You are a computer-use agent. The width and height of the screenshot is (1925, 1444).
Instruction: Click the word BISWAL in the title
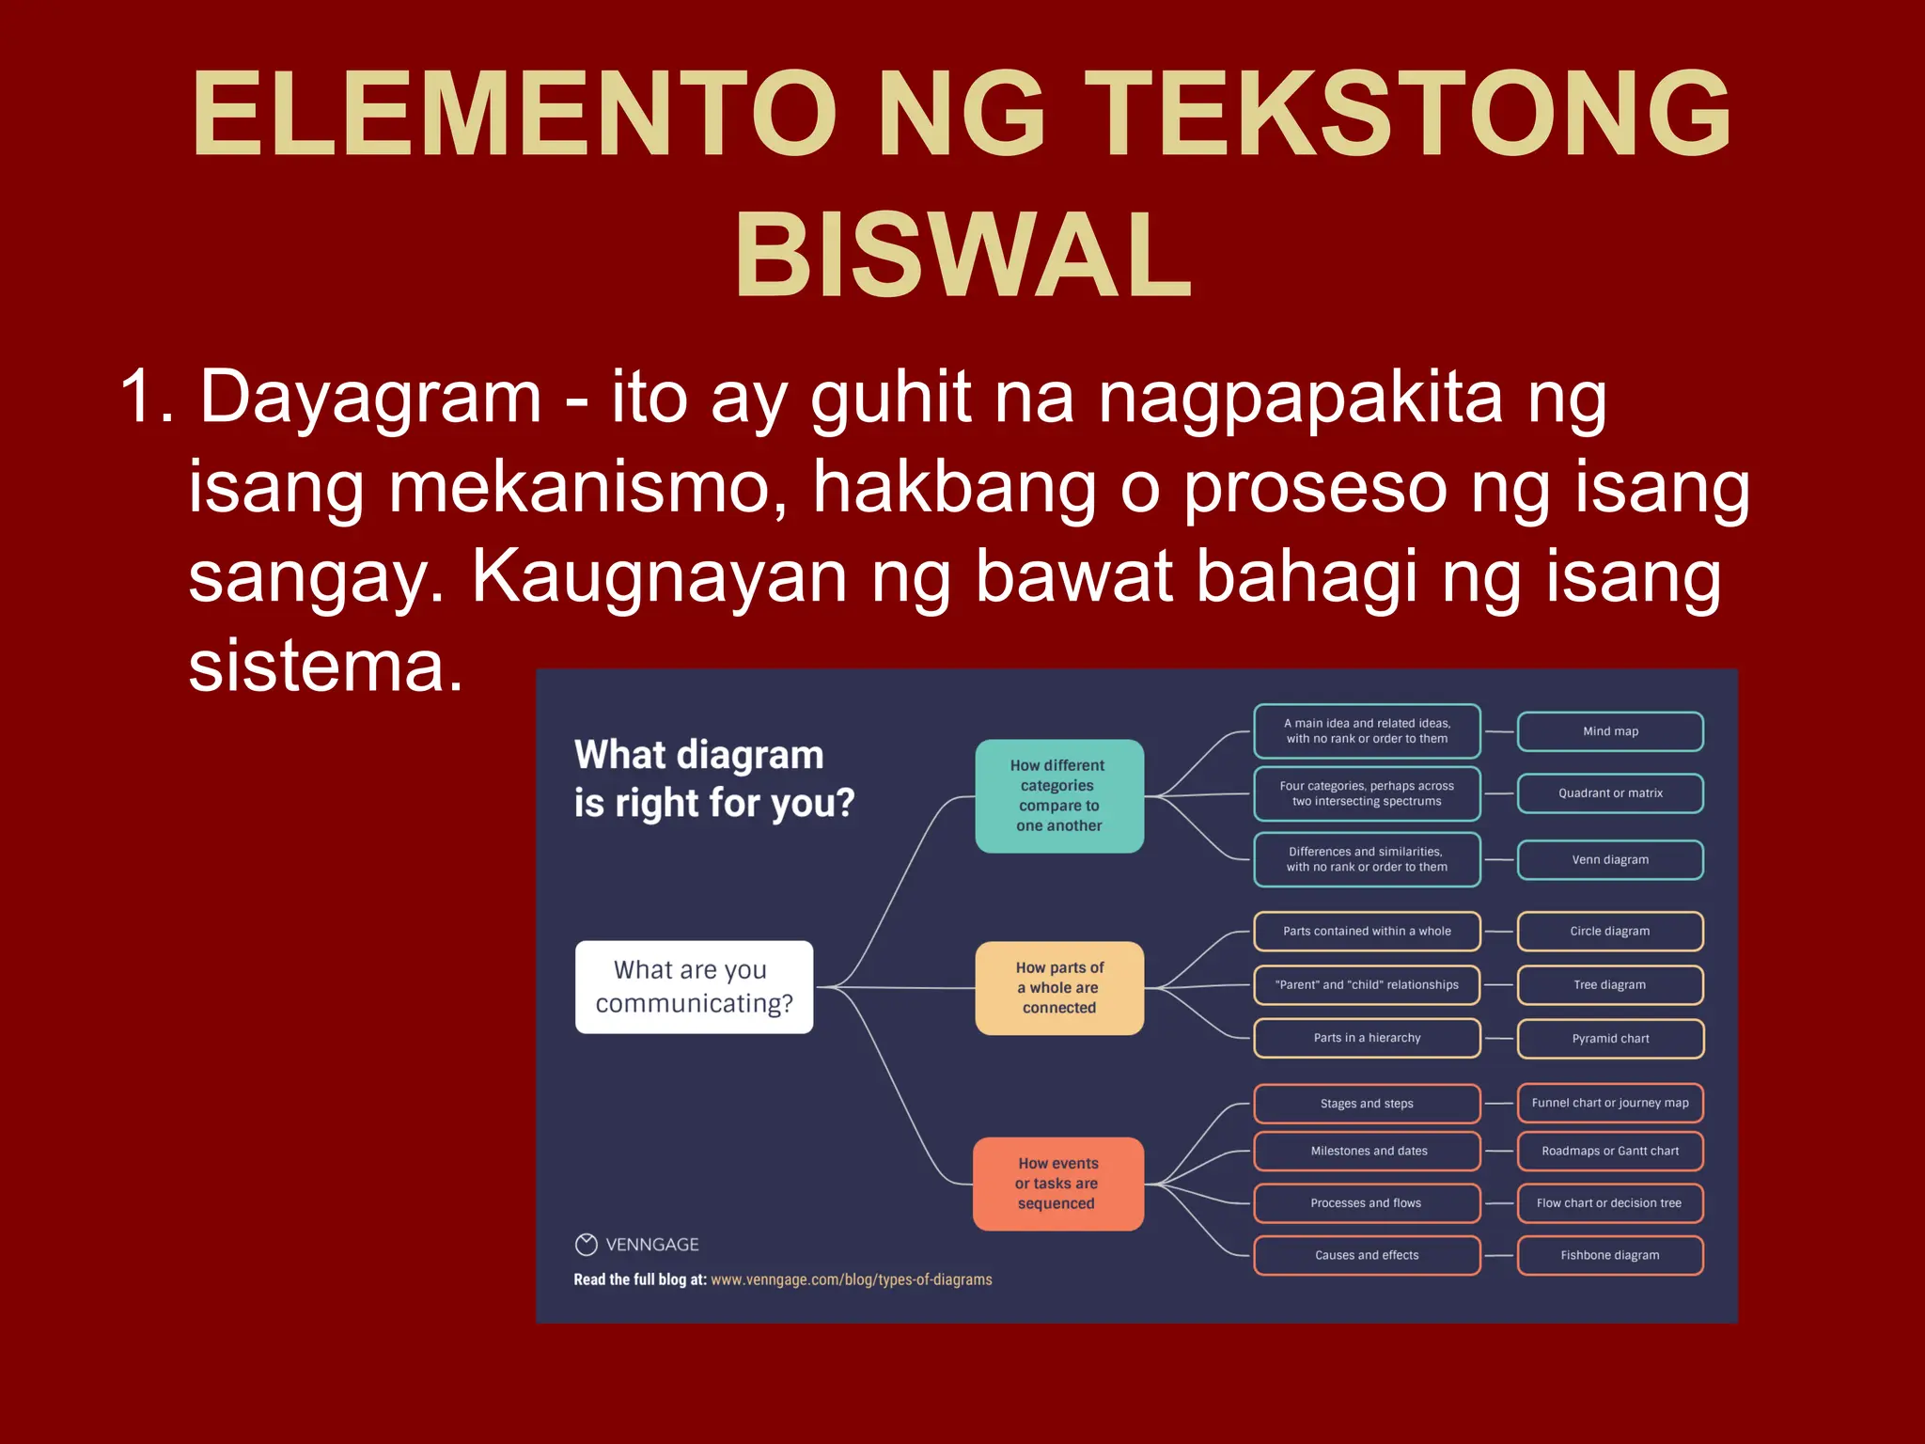click(x=963, y=256)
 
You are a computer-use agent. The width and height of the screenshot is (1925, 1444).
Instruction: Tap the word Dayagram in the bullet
click(x=370, y=398)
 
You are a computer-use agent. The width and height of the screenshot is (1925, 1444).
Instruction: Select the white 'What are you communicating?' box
click(x=694, y=987)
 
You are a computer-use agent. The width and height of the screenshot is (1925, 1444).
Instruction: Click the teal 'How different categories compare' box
click(x=1059, y=796)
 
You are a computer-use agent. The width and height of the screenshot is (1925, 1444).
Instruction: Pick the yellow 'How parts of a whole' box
click(x=1059, y=988)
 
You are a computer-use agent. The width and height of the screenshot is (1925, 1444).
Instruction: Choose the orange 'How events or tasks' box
click(x=1057, y=1184)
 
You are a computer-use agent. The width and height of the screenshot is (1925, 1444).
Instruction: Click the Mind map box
click(x=1610, y=731)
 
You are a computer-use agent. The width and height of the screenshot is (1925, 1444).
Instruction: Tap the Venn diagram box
click(x=1610, y=860)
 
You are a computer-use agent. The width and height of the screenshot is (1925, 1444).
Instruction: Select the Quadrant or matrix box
click(x=1610, y=793)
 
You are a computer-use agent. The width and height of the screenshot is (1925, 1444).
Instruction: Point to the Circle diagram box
click(x=1610, y=932)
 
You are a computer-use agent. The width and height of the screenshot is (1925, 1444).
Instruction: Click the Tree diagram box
click(x=1610, y=985)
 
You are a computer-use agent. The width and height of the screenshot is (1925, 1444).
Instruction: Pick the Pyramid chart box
click(x=1610, y=1039)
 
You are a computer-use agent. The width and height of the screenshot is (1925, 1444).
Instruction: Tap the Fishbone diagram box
click(x=1610, y=1256)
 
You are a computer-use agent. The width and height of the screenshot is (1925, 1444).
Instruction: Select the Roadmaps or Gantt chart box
click(x=1610, y=1152)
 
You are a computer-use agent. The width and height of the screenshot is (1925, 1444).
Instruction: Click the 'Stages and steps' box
click(x=1367, y=1104)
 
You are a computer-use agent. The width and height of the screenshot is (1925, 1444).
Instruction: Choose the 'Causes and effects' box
click(x=1367, y=1256)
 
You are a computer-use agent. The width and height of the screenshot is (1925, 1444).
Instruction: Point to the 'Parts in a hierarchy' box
click(x=1367, y=1038)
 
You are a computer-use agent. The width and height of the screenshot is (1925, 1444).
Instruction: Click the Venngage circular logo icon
click(x=587, y=1245)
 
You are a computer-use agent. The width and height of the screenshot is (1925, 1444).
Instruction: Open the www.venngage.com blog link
click(x=851, y=1280)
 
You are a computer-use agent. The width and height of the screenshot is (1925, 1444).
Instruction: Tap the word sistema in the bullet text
click(x=326, y=667)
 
